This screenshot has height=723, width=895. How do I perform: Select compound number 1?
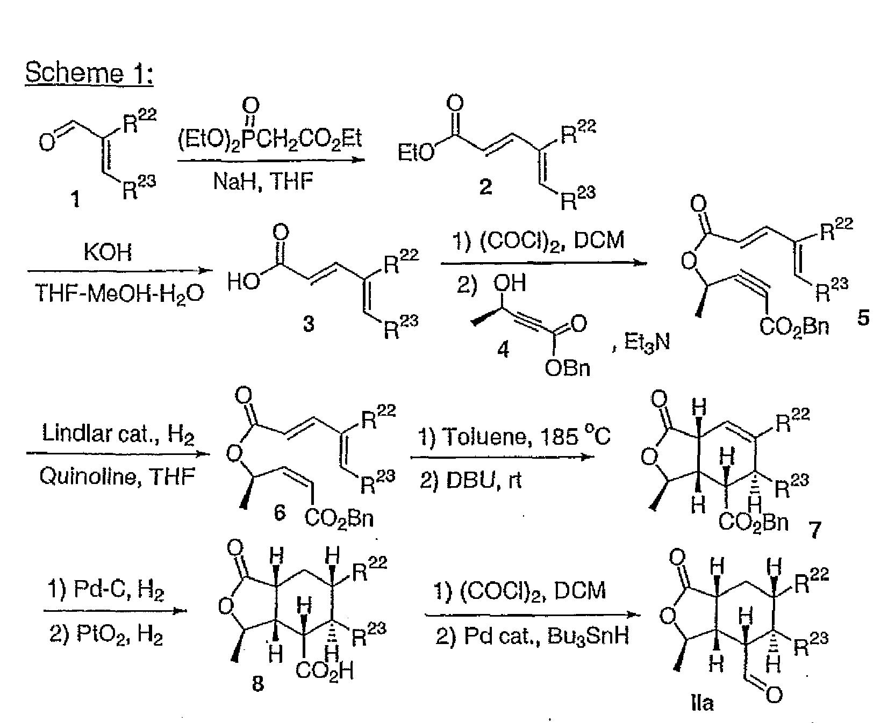click(x=76, y=200)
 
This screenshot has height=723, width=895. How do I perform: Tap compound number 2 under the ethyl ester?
click(x=485, y=187)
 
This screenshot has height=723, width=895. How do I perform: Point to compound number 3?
click(x=308, y=323)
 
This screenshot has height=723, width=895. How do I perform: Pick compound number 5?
click(x=862, y=318)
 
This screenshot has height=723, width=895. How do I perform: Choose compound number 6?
click(x=280, y=514)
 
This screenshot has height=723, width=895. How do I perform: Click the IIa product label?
click(x=701, y=703)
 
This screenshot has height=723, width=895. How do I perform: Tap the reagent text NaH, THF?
click(x=263, y=182)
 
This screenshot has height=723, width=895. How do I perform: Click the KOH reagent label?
click(x=108, y=252)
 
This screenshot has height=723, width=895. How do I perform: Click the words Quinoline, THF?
click(x=117, y=476)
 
